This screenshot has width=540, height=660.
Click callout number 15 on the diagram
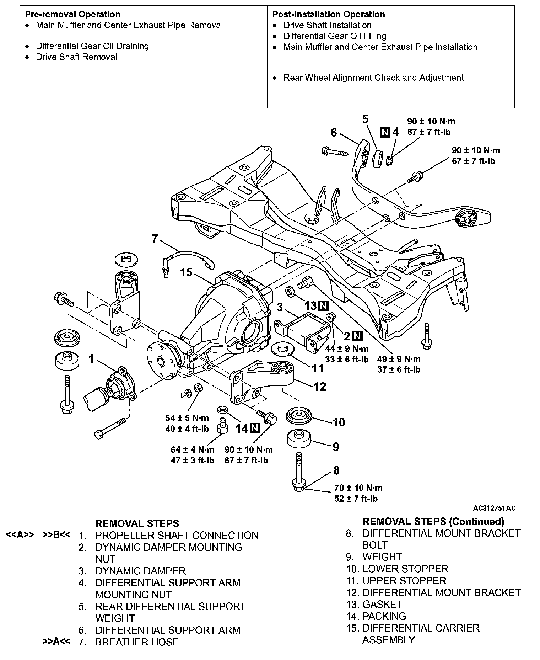coord(186,273)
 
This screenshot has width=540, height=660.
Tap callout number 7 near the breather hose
coord(155,239)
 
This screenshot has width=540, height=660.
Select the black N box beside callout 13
coord(323,305)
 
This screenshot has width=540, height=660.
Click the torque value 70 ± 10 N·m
coord(358,488)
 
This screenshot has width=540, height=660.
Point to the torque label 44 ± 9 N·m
coord(347,348)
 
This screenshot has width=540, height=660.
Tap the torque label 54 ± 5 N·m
coord(187,418)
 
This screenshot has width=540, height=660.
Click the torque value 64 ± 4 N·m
coord(192,449)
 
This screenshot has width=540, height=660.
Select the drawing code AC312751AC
coord(494,508)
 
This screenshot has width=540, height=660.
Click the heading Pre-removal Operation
coord(72,15)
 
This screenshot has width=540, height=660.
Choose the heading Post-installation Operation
coord(328,15)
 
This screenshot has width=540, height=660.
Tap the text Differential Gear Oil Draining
coord(92,46)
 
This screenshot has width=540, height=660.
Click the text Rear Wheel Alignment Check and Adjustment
coord(373,78)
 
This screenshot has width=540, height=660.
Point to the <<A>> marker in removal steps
coord(20,535)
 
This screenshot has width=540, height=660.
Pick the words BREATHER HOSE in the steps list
coord(137,642)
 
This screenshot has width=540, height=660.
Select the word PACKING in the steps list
coord(384,616)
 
